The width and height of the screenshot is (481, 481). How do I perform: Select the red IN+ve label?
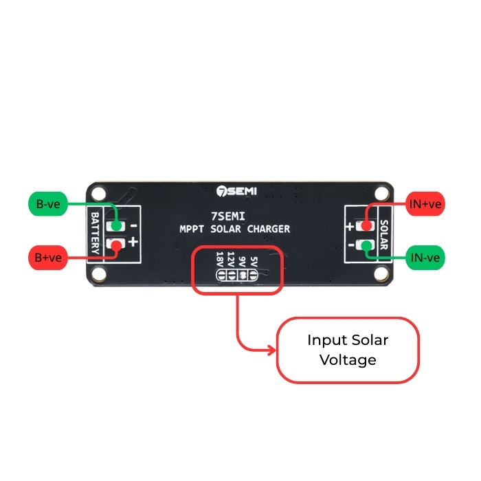pos(425,203)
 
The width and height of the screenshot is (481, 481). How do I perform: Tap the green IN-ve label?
pos(425,258)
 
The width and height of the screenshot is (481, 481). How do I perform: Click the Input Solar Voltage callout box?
pos(347,350)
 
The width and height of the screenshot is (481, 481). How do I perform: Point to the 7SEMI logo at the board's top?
pos(232,190)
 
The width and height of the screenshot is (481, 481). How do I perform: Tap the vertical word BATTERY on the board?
pos(96,233)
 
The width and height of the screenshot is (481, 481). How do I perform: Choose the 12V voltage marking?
pos(231,259)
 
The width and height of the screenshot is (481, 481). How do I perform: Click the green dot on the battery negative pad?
pos(116,226)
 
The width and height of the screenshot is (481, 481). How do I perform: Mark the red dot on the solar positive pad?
pos(366,226)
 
